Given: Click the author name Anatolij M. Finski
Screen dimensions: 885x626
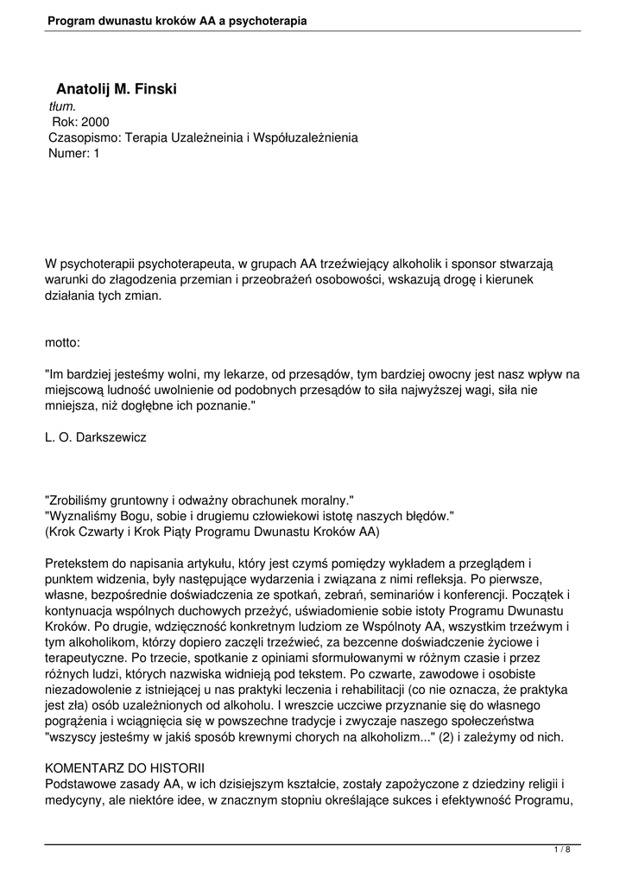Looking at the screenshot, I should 116,89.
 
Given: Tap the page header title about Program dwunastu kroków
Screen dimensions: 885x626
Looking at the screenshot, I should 177,19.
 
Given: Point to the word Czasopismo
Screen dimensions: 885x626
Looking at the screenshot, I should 85,137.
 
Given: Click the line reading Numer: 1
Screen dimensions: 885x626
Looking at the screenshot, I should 74,153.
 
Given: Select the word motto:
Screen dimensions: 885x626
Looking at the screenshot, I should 62,342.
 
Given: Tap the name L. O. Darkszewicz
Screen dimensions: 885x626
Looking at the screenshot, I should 95,437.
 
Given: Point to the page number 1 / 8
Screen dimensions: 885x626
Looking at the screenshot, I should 562,850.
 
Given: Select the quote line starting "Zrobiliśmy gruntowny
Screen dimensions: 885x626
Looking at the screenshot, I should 199,500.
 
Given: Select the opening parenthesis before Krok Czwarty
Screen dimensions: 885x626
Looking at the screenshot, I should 47,532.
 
